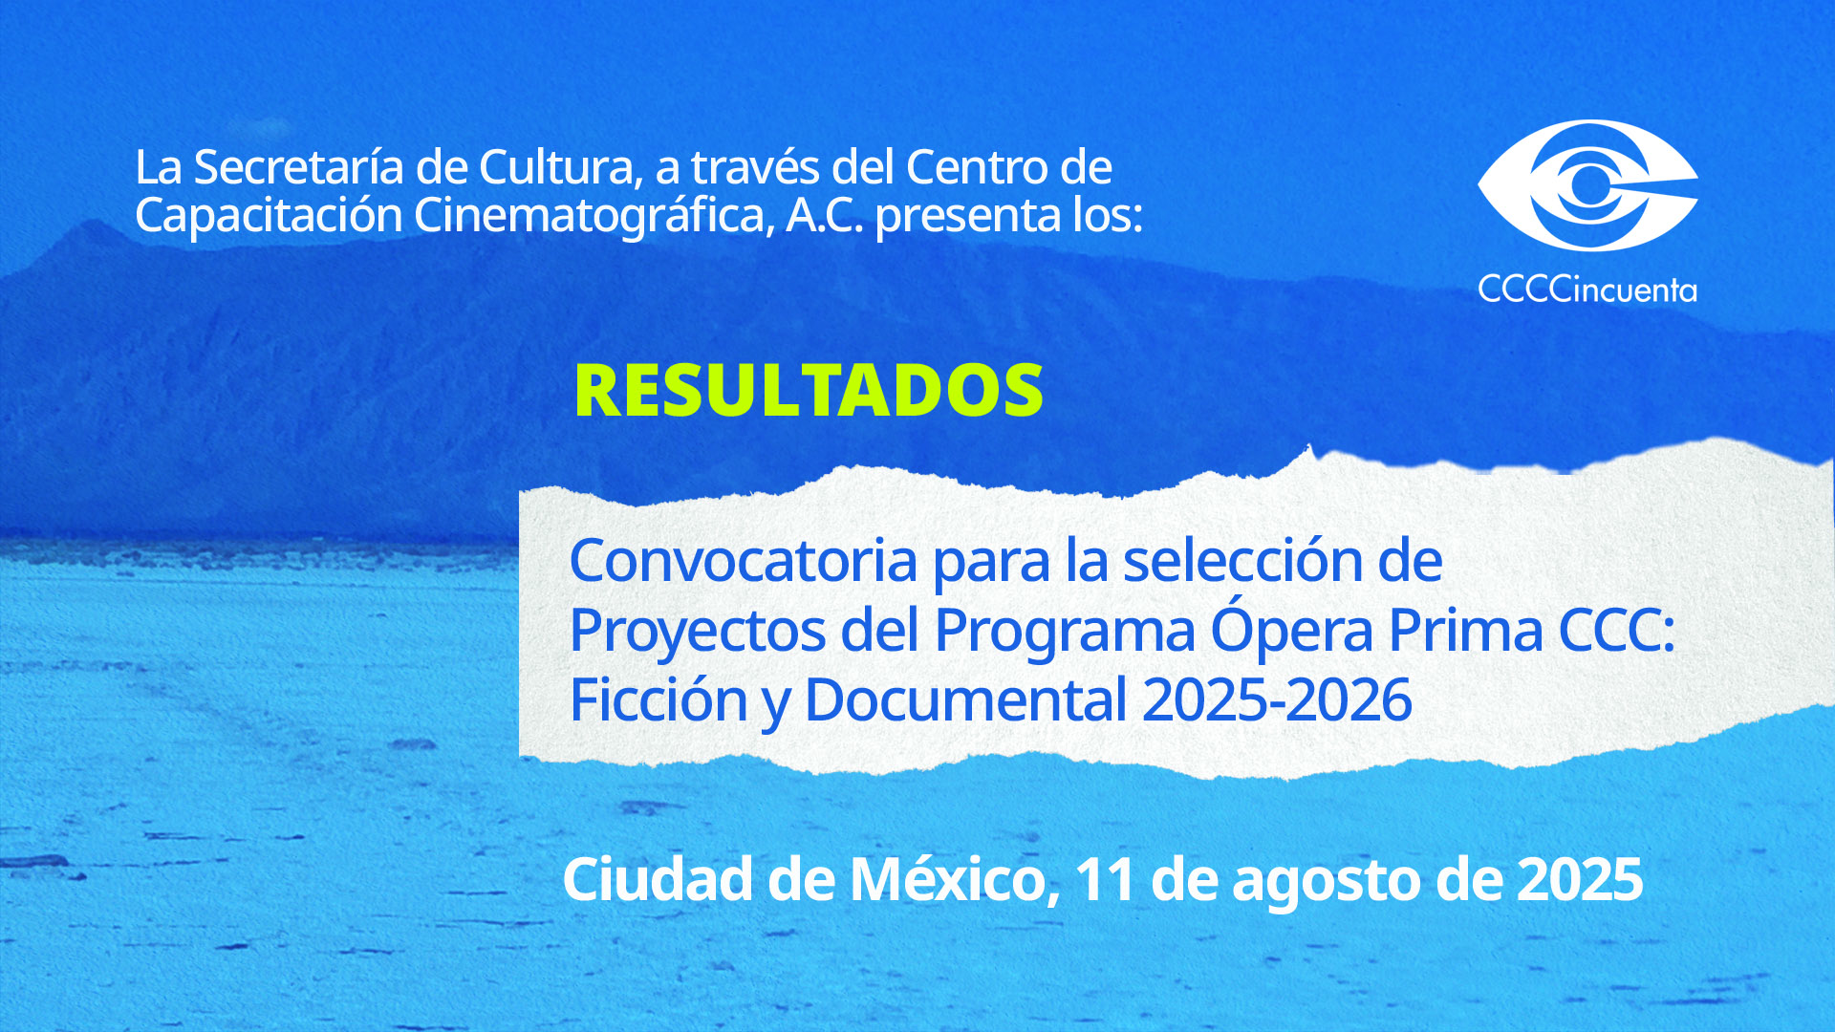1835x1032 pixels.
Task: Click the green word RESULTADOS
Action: tap(809, 390)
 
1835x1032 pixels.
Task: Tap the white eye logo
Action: tap(1587, 185)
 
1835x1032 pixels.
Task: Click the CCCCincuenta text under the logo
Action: tap(1587, 289)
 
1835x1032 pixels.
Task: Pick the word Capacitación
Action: tap(269, 217)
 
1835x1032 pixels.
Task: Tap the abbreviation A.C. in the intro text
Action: tap(825, 215)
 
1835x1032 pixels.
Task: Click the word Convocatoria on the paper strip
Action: tap(744, 561)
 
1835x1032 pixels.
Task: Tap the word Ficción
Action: tap(658, 699)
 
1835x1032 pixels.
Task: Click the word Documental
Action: tap(966, 700)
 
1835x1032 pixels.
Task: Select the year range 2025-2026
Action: tap(1277, 700)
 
